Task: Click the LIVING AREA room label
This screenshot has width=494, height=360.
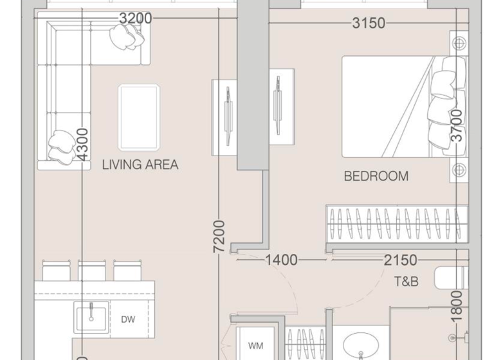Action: pos(140,165)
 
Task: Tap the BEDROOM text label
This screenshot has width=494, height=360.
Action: pos(376,176)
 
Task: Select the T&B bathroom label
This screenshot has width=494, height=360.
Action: pos(407,282)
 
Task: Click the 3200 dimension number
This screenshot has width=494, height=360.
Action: pos(136,19)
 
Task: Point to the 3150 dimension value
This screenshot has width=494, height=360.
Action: pos(368,24)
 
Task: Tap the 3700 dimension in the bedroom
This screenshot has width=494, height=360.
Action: pos(456,126)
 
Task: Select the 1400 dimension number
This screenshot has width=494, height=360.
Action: pos(281,260)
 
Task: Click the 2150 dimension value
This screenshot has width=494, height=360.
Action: pos(400,260)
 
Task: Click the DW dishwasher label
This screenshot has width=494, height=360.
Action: pos(128,319)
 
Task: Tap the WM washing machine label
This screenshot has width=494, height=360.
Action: pos(255,345)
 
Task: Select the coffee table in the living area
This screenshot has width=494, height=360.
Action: pos(138,117)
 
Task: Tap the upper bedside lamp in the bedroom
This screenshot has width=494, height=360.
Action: pos(459,44)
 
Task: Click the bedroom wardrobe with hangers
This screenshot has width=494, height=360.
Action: pos(396,224)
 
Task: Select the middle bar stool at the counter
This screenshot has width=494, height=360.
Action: pos(91,269)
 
